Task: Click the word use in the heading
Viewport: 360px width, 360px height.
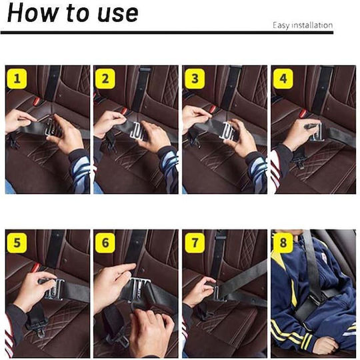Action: [x=118, y=14]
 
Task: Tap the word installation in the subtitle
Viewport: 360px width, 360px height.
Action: [x=311, y=25]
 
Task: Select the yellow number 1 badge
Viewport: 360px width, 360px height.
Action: [x=17, y=79]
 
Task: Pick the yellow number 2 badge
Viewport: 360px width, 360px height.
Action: [x=105, y=79]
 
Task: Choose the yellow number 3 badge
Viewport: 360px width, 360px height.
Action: [x=195, y=79]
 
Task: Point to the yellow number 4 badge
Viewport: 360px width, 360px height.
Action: [x=283, y=79]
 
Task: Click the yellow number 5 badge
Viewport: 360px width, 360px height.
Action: [x=17, y=243]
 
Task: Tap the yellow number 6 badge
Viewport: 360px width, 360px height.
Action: [x=105, y=243]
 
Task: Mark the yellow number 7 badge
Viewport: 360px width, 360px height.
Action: [x=195, y=243]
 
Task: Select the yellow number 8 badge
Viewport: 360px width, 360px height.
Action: [x=283, y=243]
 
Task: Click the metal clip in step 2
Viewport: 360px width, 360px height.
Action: [x=137, y=131]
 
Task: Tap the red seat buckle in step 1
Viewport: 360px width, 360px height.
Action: [x=37, y=101]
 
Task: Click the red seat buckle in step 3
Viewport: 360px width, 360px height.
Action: [x=213, y=109]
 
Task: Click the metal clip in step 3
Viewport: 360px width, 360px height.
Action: [x=226, y=131]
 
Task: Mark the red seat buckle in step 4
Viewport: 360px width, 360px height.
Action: [x=303, y=113]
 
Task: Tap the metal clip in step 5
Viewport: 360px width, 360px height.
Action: [x=55, y=289]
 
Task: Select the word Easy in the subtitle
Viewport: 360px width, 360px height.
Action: [x=280, y=25]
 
